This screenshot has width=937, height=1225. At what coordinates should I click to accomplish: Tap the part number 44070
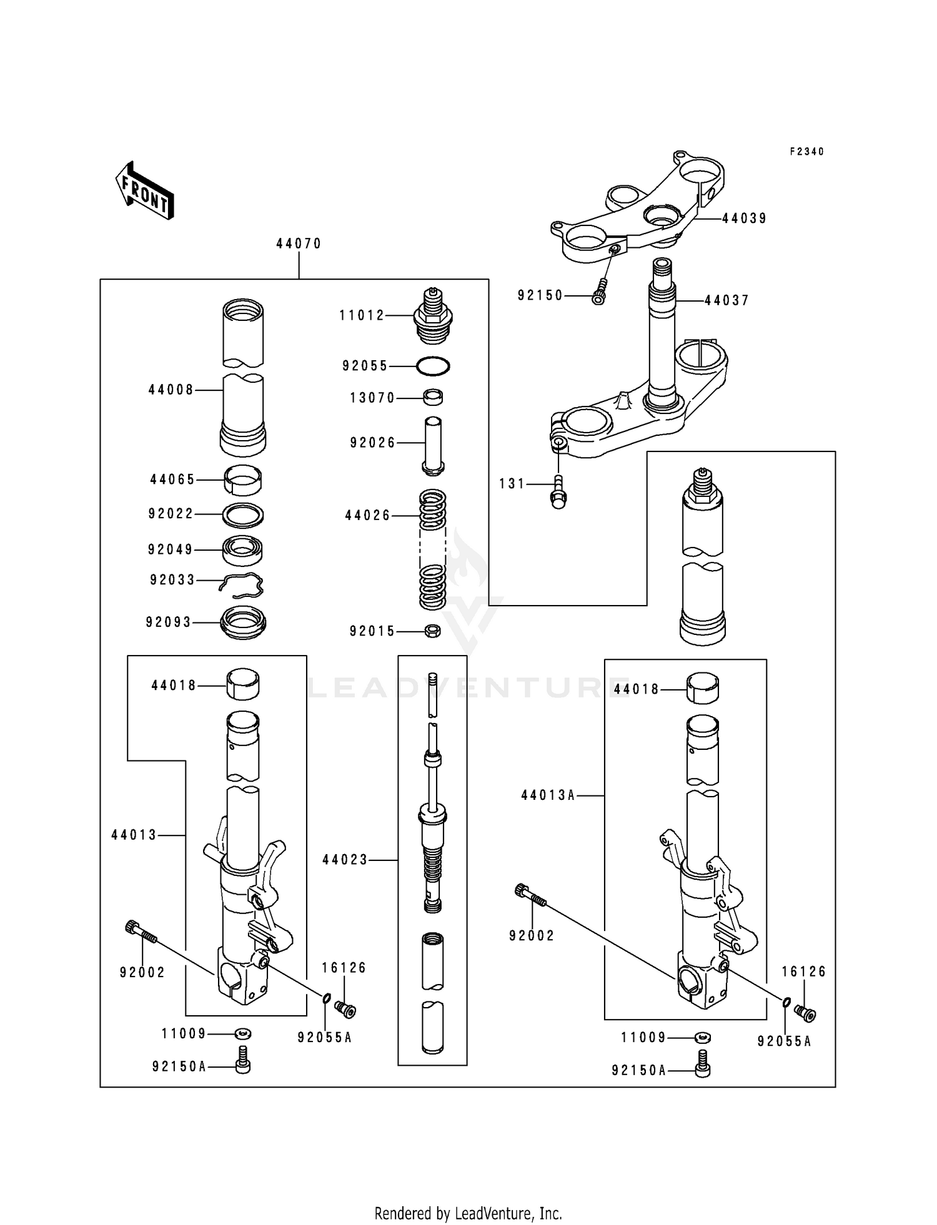(x=299, y=244)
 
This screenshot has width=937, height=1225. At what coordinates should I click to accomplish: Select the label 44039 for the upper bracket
(x=744, y=219)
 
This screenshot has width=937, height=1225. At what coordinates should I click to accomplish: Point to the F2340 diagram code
(x=806, y=152)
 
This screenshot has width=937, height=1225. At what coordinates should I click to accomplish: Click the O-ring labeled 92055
(x=432, y=367)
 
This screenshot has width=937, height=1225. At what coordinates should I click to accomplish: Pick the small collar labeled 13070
(x=433, y=397)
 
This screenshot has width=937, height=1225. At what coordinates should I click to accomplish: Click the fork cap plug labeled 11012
(x=432, y=316)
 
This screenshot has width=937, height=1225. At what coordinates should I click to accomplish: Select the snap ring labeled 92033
(x=242, y=584)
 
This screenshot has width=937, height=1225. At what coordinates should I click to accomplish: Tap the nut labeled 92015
(x=432, y=631)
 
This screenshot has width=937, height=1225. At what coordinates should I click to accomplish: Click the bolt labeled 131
(x=557, y=491)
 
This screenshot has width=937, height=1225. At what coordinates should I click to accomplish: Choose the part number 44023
(x=345, y=860)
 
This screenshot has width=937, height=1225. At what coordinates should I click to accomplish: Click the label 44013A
(x=548, y=795)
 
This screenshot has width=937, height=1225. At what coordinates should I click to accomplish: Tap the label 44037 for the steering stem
(x=726, y=300)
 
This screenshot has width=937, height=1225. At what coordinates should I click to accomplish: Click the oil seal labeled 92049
(x=243, y=550)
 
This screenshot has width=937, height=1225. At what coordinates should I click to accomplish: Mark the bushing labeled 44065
(x=243, y=480)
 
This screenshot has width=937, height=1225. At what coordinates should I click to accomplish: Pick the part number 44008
(x=171, y=390)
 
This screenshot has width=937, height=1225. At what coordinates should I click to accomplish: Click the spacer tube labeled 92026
(x=433, y=445)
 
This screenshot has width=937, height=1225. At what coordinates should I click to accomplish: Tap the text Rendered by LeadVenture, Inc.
(x=468, y=1196)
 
